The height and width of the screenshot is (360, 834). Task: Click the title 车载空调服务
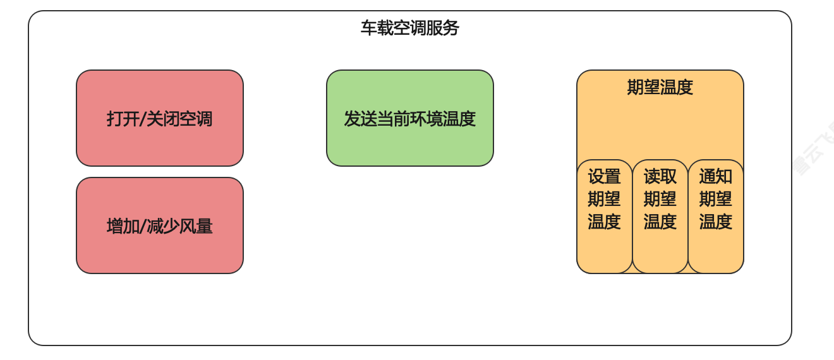[x=409, y=28]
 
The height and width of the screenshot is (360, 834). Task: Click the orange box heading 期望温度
[x=660, y=87]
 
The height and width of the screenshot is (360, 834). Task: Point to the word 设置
[x=605, y=176]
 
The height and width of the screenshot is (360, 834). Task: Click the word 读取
[x=660, y=176]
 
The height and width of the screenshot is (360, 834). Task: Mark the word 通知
[x=716, y=176]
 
